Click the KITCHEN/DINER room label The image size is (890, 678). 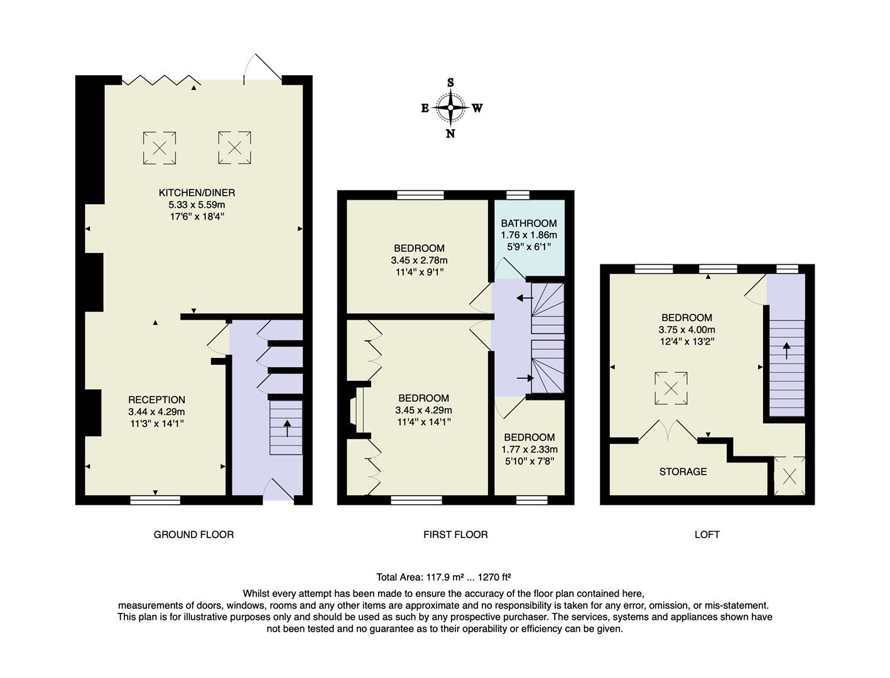click(x=197, y=193)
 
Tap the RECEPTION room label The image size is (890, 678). click(x=156, y=400)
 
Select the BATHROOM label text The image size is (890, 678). click(x=528, y=223)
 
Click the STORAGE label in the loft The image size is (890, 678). click(x=683, y=471)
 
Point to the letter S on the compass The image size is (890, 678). click(x=450, y=83)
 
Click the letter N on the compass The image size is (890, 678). click(x=450, y=133)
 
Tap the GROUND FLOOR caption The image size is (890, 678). click(x=193, y=535)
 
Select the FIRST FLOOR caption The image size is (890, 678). click(x=455, y=535)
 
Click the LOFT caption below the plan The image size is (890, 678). click(x=707, y=535)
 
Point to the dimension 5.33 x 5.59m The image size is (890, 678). click(x=197, y=205)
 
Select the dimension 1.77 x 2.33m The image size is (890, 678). click(x=529, y=449)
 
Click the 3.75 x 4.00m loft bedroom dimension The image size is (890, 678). click(x=686, y=330)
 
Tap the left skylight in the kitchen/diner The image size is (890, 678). click(x=160, y=149)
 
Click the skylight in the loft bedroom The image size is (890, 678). click(x=671, y=389)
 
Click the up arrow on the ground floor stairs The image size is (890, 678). click(x=287, y=428)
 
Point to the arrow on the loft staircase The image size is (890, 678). click(x=786, y=350)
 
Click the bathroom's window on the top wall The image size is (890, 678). click(x=518, y=195)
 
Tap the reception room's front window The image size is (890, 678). click(x=155, y=500)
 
